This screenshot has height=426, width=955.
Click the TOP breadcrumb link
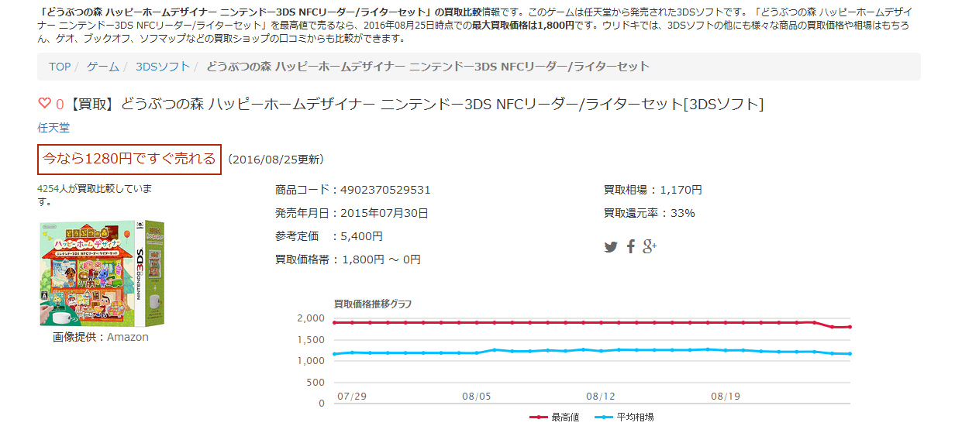click(60, 67)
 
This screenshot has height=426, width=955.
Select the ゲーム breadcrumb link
click(103, 67)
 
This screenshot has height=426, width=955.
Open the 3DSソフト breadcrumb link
click(163, 67)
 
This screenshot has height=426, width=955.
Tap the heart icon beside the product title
click(44, 104)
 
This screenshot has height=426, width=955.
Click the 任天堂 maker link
click(53, 128)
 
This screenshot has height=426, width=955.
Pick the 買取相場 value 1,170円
click(681, 190)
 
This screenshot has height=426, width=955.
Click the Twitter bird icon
click(611, 247)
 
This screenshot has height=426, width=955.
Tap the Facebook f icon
click(631, 247)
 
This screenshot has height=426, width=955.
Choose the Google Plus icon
click(650, 247)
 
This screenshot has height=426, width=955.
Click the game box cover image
click(102, 273)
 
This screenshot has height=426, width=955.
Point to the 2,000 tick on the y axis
click(310, 318)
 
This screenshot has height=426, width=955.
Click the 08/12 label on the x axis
click(601, 396)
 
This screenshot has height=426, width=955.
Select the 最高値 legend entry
click(554, 417)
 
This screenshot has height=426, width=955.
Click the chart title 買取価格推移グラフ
click(373, 303)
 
